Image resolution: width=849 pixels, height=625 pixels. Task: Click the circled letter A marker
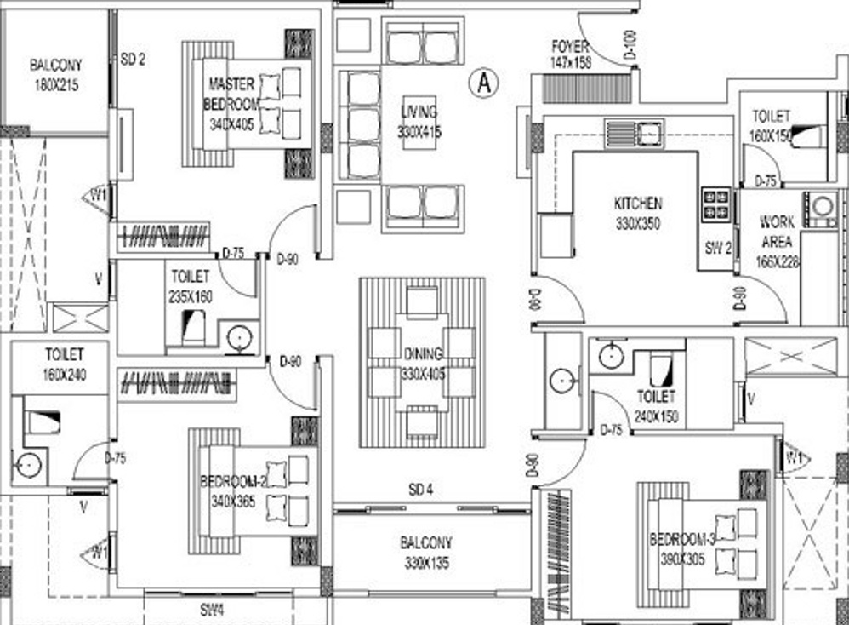click(484, 82)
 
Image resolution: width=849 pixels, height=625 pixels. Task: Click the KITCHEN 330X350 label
click(637, 214)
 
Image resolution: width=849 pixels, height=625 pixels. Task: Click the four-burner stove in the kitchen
click(715, 204)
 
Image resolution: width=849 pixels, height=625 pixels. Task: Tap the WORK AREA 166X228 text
click(778, 241)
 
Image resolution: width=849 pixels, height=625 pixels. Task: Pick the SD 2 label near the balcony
click(133, 60)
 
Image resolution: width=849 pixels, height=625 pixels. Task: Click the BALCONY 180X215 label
click(56, 75)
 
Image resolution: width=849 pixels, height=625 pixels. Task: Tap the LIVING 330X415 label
click(419, 122)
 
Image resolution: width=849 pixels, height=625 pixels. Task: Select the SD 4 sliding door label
click(421, 490)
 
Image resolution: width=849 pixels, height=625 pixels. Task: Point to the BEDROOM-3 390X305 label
click(683, 548)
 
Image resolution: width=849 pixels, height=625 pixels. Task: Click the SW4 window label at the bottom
click(212, 610)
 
